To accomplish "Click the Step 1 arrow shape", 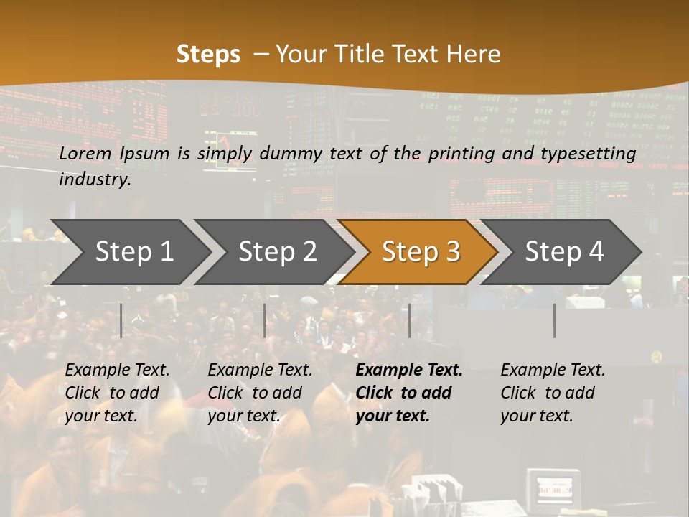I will pyautogui.click(x=133, y=252).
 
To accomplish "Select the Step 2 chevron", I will pyautogui.click(x=276, y=252).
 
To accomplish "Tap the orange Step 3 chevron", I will pyautogui.click(x=420, y=252).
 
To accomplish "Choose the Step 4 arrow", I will pyautogui.click(x=563, y=252).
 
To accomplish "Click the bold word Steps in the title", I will pyautogui.click(x=208, y=54).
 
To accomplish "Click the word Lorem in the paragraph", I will pyautogui.click(x=85, y=154).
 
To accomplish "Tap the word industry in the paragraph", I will pyautogui.click(x=95, y=180).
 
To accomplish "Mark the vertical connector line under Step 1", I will pyautogui.click(x=121, y=320).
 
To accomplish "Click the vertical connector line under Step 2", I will pyautogui.click(x=265, y=320).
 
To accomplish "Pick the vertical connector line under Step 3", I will pyautogui.click(x=409, y=320).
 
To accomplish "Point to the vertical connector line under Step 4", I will pyautogui.click(x=554, y=320).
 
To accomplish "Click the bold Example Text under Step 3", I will pyautogui.click(x=409, y=371).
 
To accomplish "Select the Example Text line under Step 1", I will pyautogui.click(x=117, y=371).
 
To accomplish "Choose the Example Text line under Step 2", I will pyautogui.click(x=260, y=371).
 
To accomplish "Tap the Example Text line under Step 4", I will pyautogui.click(x=553, y=371).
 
